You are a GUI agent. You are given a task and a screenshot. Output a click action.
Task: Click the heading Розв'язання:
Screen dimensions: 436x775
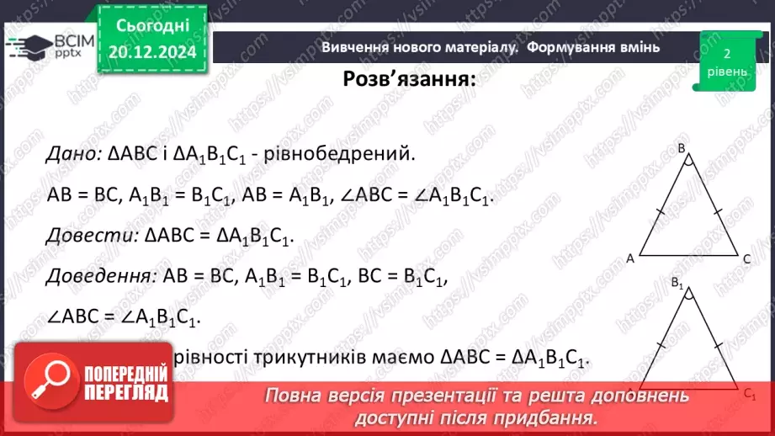click(409, 80)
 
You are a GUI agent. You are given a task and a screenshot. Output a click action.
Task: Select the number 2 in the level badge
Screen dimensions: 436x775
click(725, 53)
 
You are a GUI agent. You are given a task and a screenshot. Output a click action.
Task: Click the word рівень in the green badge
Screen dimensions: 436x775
click(725, 71)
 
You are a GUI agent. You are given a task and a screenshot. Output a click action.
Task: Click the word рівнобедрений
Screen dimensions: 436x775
click(353, 154)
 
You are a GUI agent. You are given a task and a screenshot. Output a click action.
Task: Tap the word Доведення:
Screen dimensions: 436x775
click(99, 275)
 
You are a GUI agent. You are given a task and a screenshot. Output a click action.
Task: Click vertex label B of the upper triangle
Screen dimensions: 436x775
click(682, 149)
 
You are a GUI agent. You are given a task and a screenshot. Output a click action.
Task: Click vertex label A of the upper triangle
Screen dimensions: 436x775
click(629, 259)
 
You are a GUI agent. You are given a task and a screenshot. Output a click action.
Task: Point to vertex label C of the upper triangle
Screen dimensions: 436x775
click(746, 259)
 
